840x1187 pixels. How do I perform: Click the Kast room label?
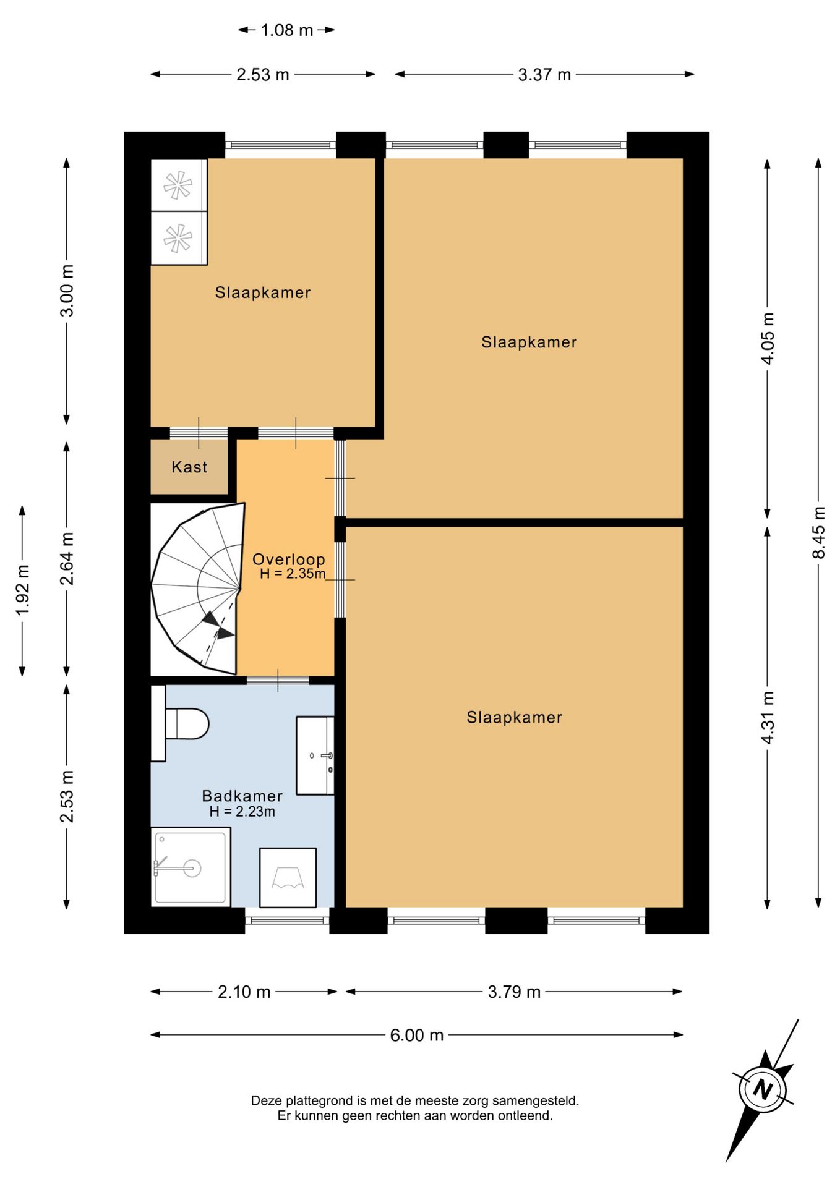tap(189, 467)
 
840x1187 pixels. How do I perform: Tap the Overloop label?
tap(289, 559)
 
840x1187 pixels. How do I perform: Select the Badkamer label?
tap(242, 796)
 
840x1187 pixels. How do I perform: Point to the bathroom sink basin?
tap(315, 755)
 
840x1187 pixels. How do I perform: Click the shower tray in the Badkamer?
tap(191, 867)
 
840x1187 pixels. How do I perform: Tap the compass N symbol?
tap(763, 1089)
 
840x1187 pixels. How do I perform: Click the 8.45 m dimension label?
tap(818, 532)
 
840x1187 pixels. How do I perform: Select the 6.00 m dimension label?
tap(416, 1035)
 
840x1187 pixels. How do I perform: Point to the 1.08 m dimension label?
tap(287, 30)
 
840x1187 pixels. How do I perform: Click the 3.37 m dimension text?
tap(544, 74)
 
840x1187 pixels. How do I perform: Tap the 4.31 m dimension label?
tap(767, 718)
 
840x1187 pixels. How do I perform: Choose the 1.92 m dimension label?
tap(23, 590)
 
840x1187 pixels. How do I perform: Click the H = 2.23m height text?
tap(242, 812)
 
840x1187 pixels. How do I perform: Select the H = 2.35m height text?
tap(293, 574)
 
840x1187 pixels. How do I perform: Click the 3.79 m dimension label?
tap(514, 992)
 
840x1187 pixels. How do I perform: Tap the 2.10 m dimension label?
tap(244, 992)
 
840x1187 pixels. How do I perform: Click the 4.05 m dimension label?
tap(767, 338)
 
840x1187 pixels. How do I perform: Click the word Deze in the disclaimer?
tap(266, 1100)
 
